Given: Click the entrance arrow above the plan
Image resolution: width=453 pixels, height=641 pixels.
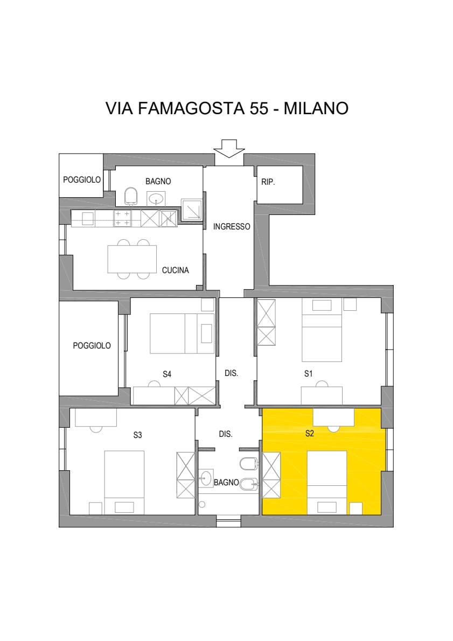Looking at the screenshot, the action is (229, 148).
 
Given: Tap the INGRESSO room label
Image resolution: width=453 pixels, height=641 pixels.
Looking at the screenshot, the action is (232, 226).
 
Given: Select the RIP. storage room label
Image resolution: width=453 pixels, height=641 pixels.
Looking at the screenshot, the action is (268, 182).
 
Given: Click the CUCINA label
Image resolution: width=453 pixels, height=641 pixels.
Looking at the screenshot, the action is (176, 270).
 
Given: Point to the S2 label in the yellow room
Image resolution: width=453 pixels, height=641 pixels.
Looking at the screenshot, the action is (310, 433).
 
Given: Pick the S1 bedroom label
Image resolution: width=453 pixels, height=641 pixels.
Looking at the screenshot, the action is (308, 374).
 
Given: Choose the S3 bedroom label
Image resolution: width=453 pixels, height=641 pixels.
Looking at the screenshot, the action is (137, 435).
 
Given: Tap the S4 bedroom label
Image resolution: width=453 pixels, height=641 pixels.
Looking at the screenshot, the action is (167, 374).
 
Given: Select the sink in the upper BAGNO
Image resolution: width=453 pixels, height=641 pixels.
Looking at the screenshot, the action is (156, 199).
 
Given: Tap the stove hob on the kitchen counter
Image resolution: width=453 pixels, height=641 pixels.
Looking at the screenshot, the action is (122, 218).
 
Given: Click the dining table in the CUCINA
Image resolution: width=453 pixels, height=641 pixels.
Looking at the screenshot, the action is (132, 259).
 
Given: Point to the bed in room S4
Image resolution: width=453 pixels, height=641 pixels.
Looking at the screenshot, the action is (182, 333).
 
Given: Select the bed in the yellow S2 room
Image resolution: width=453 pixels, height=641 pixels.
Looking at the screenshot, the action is (327, 483).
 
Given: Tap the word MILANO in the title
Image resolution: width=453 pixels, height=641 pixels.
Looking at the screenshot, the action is (316, 108).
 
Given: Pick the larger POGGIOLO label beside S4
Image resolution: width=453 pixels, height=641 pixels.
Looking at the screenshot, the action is (92, 346).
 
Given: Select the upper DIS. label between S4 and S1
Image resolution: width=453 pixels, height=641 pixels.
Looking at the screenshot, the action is (232, 373).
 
